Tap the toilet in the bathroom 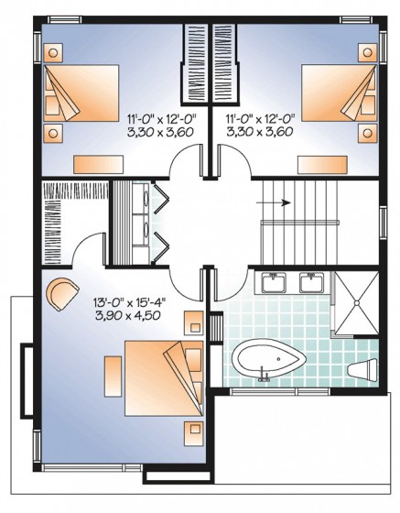coord(363,371)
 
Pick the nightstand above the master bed coord(193,322)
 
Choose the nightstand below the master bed coord(193,429)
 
